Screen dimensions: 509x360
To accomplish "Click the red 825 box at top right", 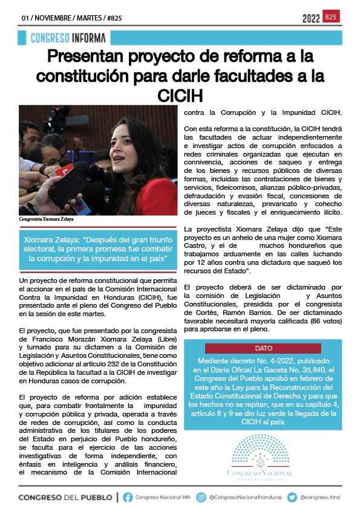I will [331, 16].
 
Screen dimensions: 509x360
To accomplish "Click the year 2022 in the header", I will [311, 19].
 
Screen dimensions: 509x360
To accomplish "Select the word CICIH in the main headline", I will [180, 96].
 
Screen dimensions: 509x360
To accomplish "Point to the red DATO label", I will [263, 349].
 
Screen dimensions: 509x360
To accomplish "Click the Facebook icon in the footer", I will [128, 497].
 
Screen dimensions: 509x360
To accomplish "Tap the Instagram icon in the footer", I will [202, 497].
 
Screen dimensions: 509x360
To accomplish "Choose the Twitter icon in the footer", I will [292, 497].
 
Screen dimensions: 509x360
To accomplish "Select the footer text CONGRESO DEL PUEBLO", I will [65, 497].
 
